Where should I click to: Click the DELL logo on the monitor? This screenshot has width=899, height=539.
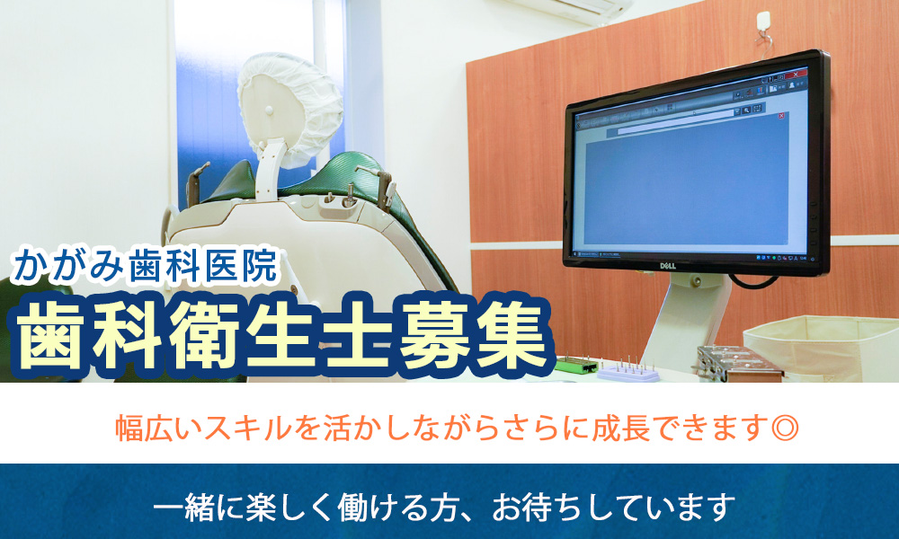pos(667,266)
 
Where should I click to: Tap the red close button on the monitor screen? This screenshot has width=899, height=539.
pos(796,75)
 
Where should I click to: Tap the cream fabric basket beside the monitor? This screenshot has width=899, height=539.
pos(821,347)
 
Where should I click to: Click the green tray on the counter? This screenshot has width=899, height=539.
pos(576,365)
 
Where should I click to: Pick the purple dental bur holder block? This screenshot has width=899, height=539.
pos(629,372)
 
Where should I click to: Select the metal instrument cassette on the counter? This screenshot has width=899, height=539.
pos(740,365)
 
